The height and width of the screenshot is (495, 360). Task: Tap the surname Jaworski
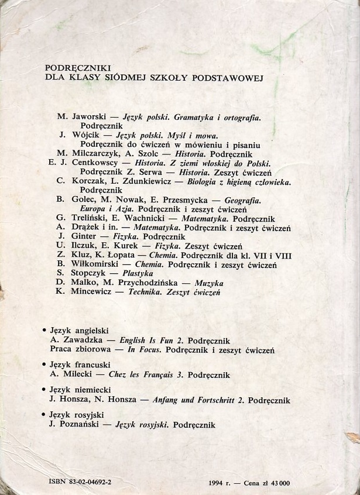(x=84, y=117)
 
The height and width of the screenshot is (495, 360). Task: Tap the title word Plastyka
(x=138, y=273)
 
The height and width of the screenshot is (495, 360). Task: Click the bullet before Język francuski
(x=47, y=365)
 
